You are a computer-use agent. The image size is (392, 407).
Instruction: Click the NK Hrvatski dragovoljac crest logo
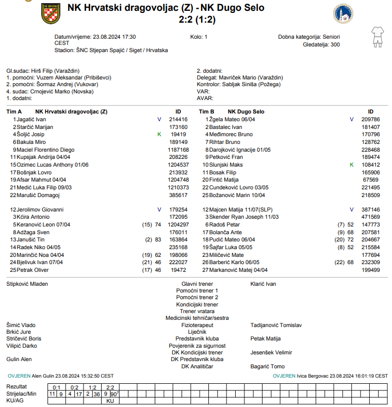click(x=51, y=14)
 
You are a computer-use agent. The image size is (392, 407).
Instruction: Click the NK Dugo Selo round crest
click(x=343, y=14)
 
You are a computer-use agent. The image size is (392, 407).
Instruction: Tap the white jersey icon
click(x=377, y=37)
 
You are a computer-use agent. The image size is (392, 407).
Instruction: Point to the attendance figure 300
click(x=335, y=45)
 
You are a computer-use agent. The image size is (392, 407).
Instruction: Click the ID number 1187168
click(x=178, y=150)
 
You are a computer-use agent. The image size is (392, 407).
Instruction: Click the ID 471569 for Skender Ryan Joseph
click(x=370, y=217)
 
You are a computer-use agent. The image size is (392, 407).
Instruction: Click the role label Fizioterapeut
click(x=197, y=325)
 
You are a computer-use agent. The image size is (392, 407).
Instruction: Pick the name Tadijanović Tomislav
click(x=276, y=325)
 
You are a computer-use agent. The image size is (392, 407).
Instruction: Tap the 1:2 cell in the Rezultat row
click(x=92, y=387)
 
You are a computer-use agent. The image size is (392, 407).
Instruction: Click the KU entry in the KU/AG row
click(x=110, y=400)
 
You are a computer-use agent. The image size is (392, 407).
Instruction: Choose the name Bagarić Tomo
click(x=267, y=366)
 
